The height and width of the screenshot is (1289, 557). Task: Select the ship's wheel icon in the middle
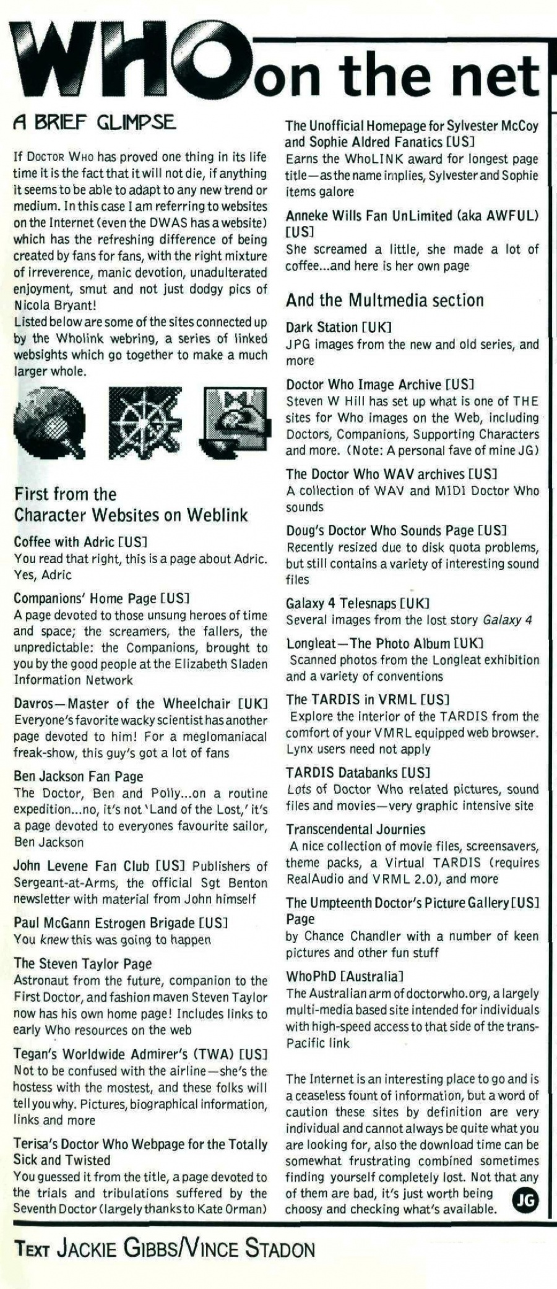145,423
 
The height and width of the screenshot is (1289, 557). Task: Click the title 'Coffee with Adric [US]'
80,542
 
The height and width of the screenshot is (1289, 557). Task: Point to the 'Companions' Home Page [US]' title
101,598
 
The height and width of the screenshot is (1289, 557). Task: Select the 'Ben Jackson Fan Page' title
78,777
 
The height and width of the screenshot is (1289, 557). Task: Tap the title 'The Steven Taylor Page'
82,964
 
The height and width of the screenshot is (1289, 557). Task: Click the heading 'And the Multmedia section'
384,301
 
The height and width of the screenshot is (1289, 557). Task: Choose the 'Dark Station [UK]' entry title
339,327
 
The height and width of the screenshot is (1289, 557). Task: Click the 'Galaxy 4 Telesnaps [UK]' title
357,603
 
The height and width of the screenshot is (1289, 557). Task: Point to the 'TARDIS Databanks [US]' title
358,773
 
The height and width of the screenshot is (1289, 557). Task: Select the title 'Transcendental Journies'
355,829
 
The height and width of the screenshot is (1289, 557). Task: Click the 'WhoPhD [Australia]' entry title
345,976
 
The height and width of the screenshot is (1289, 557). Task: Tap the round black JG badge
525,1201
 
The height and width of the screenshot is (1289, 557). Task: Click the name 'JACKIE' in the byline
87,1249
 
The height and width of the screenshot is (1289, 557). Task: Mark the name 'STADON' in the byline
280,1249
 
